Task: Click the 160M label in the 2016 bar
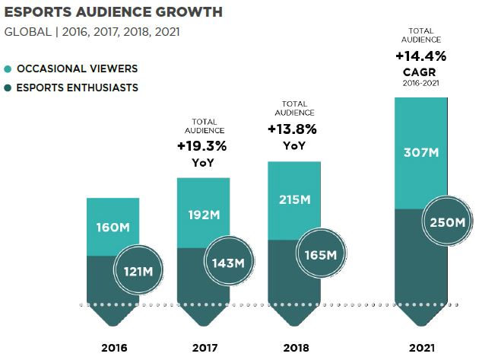[113, 227]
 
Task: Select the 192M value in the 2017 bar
[203, 215]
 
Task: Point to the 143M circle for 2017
[228, 263]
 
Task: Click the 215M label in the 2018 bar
[293, 199]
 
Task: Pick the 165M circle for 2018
[320, 253]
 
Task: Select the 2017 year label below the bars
[203, 348]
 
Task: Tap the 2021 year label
[421, 348]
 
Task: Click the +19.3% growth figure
[202, 145]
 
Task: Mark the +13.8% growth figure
[293, 129]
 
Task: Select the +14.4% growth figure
[420, 56]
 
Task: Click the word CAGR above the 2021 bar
[420, 72]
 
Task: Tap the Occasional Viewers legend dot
[8, 68]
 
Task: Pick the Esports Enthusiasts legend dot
[8, 88]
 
